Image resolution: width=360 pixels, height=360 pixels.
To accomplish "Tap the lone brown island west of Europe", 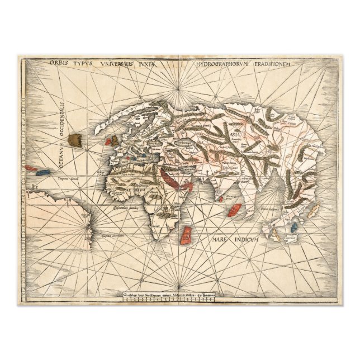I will coord(73,140).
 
